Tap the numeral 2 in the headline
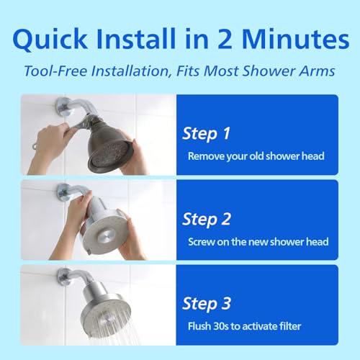225,39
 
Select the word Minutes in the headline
295,39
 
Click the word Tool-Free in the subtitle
55,71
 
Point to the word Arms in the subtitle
317,71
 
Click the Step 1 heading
207,133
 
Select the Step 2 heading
207,219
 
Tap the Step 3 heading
207,304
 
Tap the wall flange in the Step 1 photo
62,107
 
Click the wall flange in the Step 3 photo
63,276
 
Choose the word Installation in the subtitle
130,71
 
